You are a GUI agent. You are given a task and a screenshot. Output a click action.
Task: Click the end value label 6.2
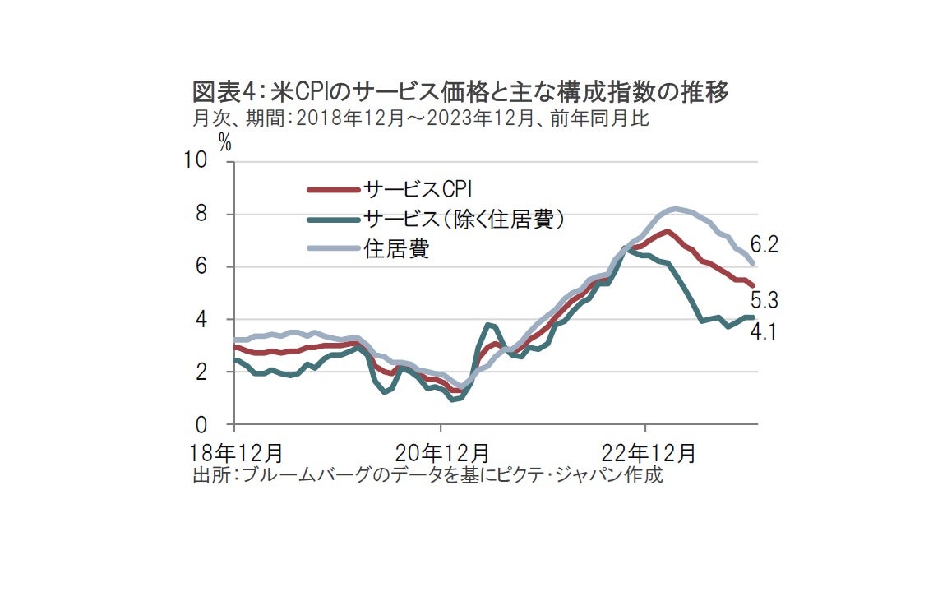coord(764,244)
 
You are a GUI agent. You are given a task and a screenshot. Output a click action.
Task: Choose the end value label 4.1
coord(764,332)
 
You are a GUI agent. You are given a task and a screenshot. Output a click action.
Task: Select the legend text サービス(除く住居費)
coord(464,219)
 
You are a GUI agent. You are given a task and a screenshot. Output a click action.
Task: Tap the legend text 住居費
coord(396,249)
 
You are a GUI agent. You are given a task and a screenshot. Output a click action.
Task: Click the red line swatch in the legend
coord(333,190)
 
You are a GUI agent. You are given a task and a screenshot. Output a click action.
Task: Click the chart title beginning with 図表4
coord(460,91)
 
